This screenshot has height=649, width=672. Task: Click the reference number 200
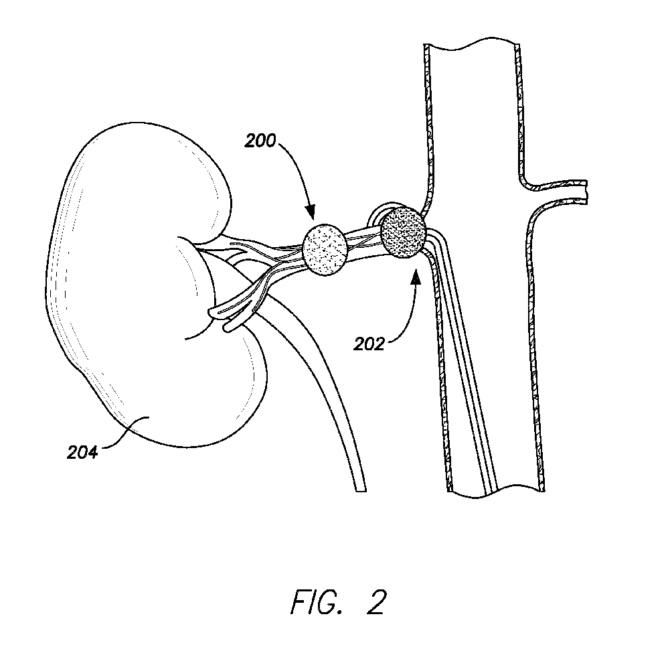[x=260, y=141]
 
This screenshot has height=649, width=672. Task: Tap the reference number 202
[x=369, y=344]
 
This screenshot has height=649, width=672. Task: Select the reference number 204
[x=82, y=452]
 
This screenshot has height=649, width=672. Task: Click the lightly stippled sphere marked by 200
[x=325, y=249]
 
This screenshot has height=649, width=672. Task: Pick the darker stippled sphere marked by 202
[x=404, y=233]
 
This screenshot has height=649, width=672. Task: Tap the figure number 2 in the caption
[x=376, y=601]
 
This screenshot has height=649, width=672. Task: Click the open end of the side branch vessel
[x=586, y=191]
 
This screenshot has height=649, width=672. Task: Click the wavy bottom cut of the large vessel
[x=496, y=492]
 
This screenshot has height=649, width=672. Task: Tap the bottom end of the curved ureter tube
[x=361, y=490]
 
